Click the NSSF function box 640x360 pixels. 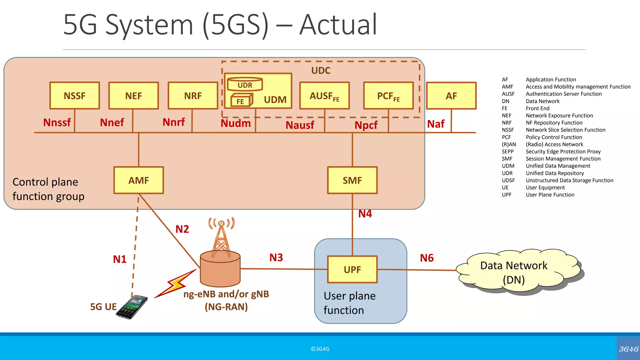point(75,96)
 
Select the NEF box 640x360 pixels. point(133,96)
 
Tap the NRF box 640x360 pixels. point(193,96)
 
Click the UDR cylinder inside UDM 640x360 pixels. point(245,84)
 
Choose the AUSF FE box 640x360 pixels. point(324,96)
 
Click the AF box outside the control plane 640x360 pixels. point(451,96)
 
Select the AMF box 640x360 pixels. point(139,180)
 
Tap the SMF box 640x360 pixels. point(352,180)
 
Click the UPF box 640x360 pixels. point(352,269)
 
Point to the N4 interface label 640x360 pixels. point(365,214)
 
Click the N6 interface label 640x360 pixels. point(427,258)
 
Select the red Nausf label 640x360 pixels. point(300,125)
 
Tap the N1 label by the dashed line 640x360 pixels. point(120,259)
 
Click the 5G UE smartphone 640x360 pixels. point(132,307)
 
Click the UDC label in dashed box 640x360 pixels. point(321,70)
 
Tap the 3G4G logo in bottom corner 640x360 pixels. point(628,349)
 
